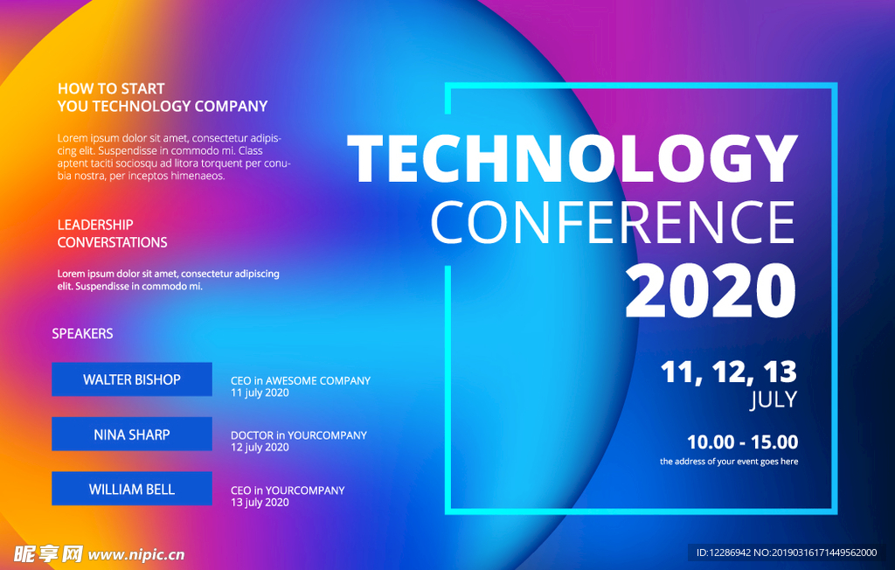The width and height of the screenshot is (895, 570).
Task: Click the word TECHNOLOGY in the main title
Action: click(x=572, y=158)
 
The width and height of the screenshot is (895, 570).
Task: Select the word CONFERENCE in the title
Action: click(x=613, y=222)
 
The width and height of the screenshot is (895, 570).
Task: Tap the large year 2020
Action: click(x=711, y=291)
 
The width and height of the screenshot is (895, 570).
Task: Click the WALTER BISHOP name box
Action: click(x=132, y=379)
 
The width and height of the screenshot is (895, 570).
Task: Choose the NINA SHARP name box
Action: click(x=132, y=434)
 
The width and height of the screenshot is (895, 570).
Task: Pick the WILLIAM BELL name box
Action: click(x=132, y=489)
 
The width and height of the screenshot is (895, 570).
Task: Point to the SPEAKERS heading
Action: click(x=82, y=334)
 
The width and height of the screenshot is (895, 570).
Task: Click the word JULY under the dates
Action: click(x=774, y=400)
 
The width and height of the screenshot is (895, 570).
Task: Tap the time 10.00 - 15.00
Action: click(x=743, y=442)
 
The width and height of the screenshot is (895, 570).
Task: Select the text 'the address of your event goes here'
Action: click(x=729, y=462)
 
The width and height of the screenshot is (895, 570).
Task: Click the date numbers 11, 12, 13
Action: click(x=729, y=372)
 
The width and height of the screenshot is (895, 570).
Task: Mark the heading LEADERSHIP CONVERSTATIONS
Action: click(x=113, y=233)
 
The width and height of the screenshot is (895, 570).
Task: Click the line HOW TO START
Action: click(x=111, y=88)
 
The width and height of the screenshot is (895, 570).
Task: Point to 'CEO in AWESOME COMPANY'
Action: click(x=301, y=380)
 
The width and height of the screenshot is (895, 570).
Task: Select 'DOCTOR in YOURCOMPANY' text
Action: click(x=299, y=435)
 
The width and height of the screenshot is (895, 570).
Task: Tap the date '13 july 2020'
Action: click(x=260, y=503)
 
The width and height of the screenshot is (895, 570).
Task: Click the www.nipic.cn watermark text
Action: click(x=136, y=554)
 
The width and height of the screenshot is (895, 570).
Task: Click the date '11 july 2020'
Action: click(x=260, y=393)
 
